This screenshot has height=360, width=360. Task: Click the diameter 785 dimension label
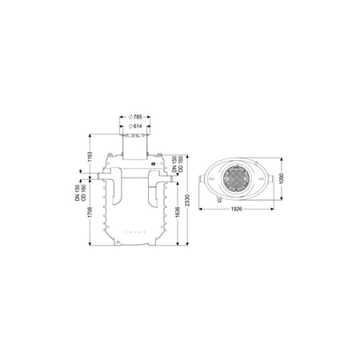tap(135, 117)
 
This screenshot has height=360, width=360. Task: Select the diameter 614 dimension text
tap(135, 126)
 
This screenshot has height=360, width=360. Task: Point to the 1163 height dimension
tap(90, 157)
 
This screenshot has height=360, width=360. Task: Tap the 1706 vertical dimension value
tap(90, 212)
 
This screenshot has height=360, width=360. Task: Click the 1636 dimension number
tap(178, 212)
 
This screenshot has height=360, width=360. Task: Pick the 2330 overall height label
tap(187, 200)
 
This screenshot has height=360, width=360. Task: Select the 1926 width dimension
tap(237, 209)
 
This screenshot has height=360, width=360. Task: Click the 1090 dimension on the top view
tap(282, 178)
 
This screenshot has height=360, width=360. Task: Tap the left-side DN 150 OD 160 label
tap(81, 193)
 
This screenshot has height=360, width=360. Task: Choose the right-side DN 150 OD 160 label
tap(178, 163)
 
